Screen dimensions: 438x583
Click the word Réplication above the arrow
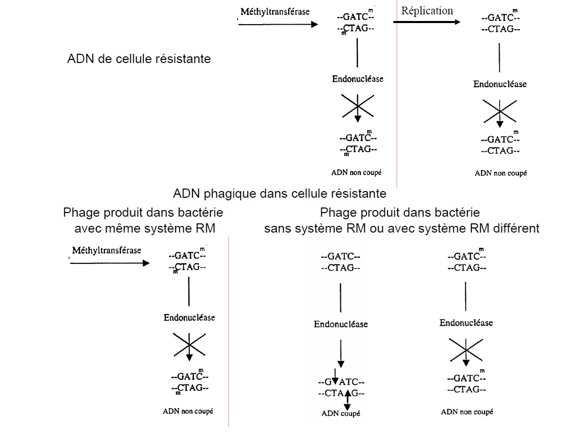pyautogui.click(x=427, y=11)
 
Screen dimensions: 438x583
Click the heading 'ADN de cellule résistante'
pyautogui.click(x=139, y=58)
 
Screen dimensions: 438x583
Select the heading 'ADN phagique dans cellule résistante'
pyautogui.click(x=279, y=194)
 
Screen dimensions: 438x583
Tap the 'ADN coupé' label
pyautogui.click(x=341, y=413)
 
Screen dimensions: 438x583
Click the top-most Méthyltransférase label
pyautogui.click(x=275, y=11)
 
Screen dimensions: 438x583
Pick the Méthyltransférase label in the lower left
pyautogui.click(x=106, y=251)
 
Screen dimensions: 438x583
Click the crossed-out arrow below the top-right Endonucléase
pyautogui.click(x=499, y=112)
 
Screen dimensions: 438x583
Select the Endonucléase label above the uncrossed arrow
pyautogui.click(x=341, y=324)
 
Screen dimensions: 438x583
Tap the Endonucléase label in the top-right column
pyautogui.click(x=500, y=84)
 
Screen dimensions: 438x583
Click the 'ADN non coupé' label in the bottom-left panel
pyautogui.click(x=188, y=411)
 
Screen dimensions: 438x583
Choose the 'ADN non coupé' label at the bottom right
pyautogui.click(x=467, y=411)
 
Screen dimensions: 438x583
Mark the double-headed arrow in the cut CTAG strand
pyautogui.click(x=347, y=399)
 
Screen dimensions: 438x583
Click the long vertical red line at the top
pyautogui.click(x=397, y=92)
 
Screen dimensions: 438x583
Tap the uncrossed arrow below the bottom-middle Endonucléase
pyautogui.click(x=341, y=353)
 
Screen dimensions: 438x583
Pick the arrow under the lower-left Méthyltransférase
pyautogui.click(x=109, y=263)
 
